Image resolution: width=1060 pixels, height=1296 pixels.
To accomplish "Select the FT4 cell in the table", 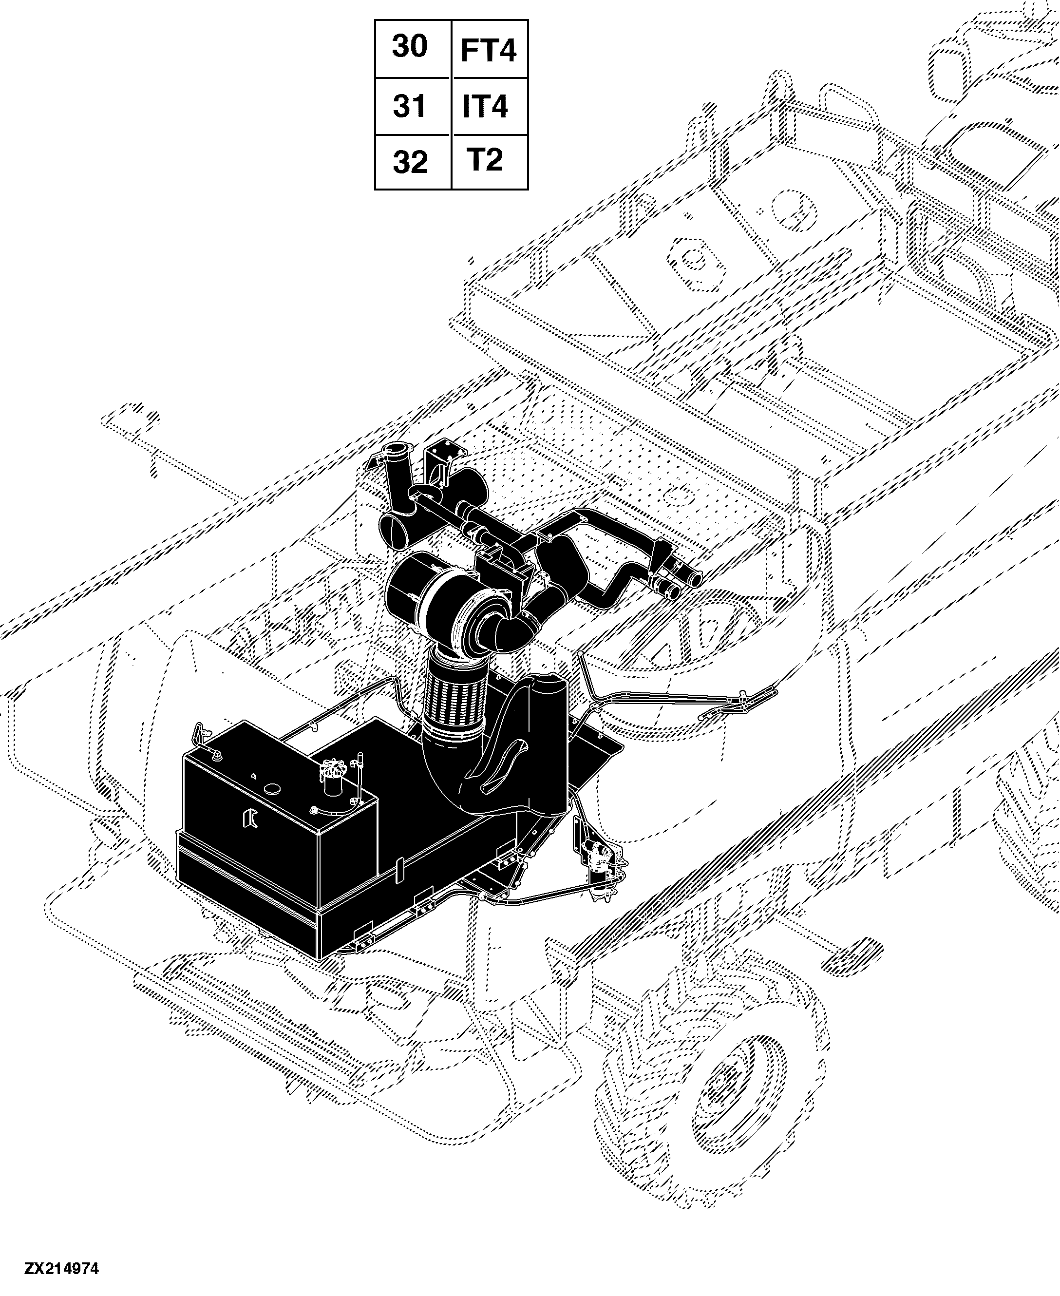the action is pos(489,49).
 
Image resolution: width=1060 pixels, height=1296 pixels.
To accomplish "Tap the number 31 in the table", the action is pos(409,106).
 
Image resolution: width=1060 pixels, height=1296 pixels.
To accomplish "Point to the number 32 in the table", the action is pos(410,162).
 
